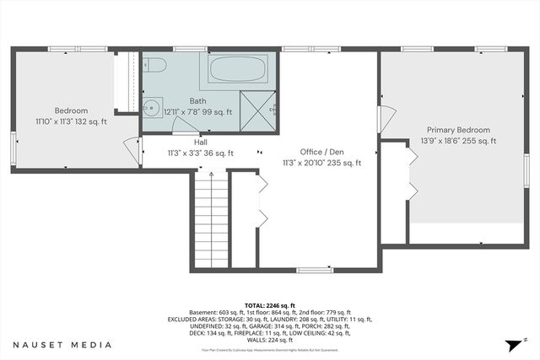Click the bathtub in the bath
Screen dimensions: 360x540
coord(239,69)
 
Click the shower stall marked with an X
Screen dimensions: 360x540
coord(257,110)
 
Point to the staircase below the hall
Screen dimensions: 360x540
coord(212,221)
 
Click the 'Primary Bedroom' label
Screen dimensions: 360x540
coord(458,130)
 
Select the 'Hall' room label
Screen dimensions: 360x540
coord(200,142)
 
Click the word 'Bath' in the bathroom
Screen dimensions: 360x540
coord(197,101)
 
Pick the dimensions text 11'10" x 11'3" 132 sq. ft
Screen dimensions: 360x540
coord(72,121)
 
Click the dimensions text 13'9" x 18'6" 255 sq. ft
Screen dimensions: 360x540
coord(458,141)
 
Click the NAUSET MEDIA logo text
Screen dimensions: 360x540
coord(62,345)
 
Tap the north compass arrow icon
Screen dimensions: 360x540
coord(512,345)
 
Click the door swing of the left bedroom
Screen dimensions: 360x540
coord(131,149)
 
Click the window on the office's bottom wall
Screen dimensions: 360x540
coord(314,270)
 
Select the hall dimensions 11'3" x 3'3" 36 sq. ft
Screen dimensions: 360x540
coord(200,153)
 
